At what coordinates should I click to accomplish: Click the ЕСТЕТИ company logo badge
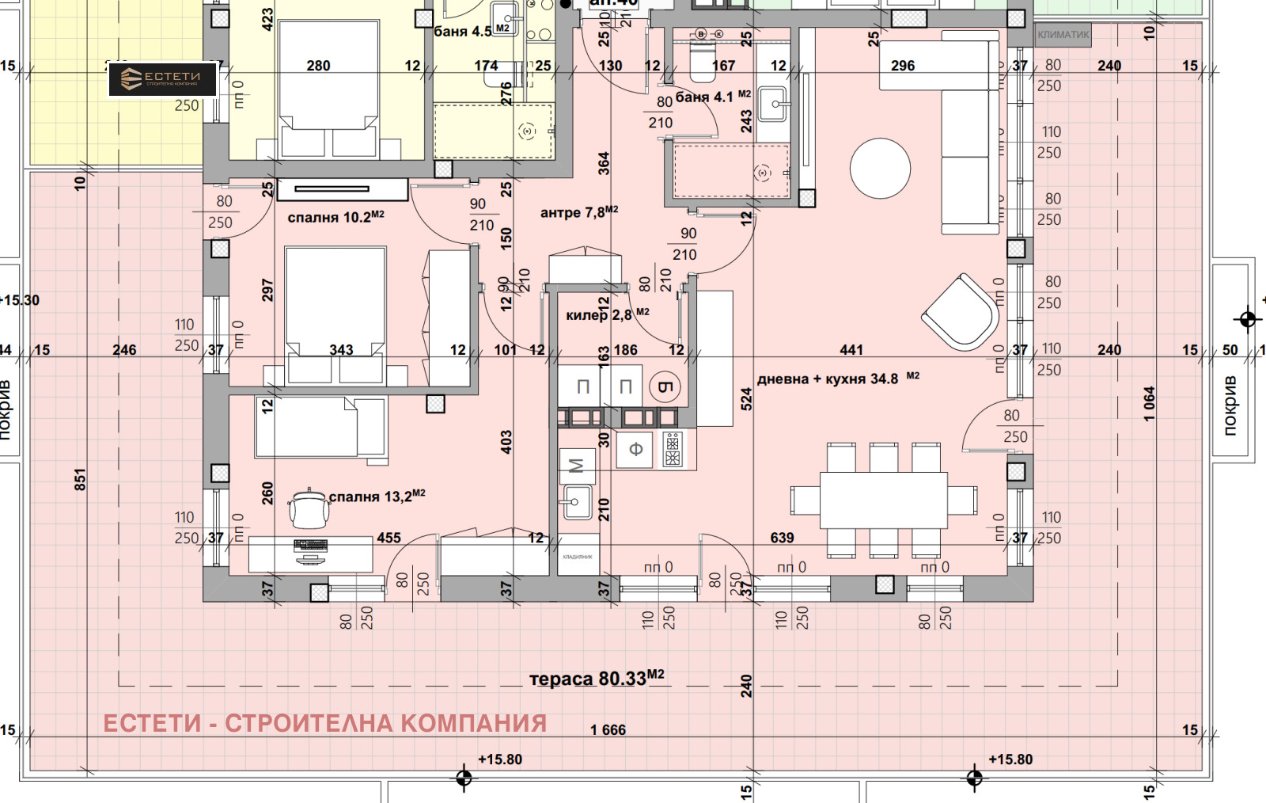[x=162, y=79]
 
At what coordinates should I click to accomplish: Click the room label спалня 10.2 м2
[x=335, y=217]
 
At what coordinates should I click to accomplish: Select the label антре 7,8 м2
[x=578, y=212]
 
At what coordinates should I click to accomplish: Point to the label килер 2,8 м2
[x=607, y=314]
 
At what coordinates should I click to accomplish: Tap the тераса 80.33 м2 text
[x=596, y=679]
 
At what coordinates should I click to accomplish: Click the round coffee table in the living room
[x=880, y=169]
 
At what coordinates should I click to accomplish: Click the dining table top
[x=883, y=500]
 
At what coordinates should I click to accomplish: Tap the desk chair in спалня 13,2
[x=309, y=508]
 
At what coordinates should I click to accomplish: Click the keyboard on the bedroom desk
[x=310, y=545]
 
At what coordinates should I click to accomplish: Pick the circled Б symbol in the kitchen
[x=664, y=386]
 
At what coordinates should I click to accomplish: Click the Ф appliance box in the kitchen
[x=635, y=450]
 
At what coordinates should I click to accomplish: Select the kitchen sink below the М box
[x=577, y=501]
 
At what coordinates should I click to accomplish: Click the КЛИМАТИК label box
[x=1063, y=35]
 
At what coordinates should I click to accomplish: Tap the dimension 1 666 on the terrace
[x=608, y=730]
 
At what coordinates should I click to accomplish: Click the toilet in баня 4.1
[x=702, y=62]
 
